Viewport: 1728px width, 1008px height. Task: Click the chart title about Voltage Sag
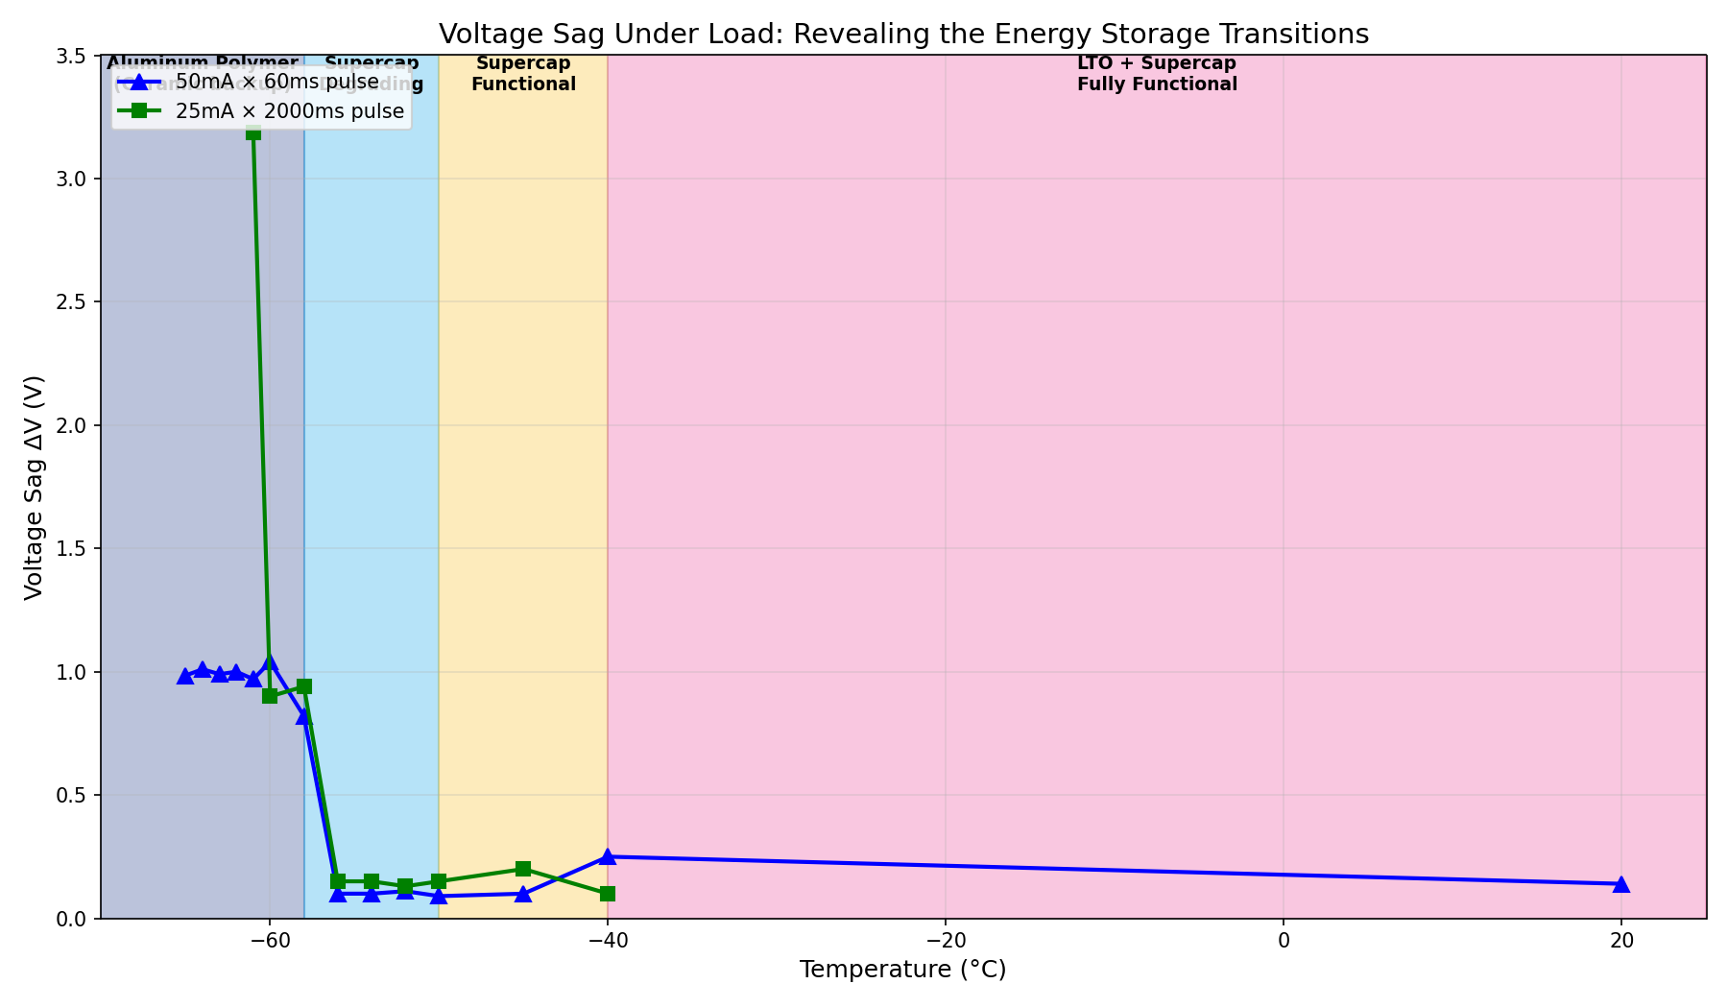coord(903,35)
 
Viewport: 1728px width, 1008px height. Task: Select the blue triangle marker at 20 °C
coord(1621,884)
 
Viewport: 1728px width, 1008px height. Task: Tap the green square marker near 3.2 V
coord(253,132)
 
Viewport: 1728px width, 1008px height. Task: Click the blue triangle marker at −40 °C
coord(608,856)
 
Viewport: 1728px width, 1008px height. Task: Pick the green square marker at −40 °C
coord(608,894)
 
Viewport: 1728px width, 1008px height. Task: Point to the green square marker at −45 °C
coord(523,869)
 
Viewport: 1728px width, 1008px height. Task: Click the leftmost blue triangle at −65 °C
coord(185,676)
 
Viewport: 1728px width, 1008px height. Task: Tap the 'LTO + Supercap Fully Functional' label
coord(1157,74)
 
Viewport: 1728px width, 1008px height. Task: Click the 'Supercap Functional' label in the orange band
coord(523,74)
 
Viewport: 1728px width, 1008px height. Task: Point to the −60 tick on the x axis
coord(270,940)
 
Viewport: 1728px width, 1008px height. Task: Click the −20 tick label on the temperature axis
coord(945,940)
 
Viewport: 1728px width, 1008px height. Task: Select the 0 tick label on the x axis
coord(1284,940)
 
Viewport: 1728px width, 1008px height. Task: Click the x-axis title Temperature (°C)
coord(902,971)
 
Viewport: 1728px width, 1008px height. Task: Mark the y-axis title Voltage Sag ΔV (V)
coord(35,488)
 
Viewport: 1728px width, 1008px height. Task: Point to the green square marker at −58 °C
coord(304,686)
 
